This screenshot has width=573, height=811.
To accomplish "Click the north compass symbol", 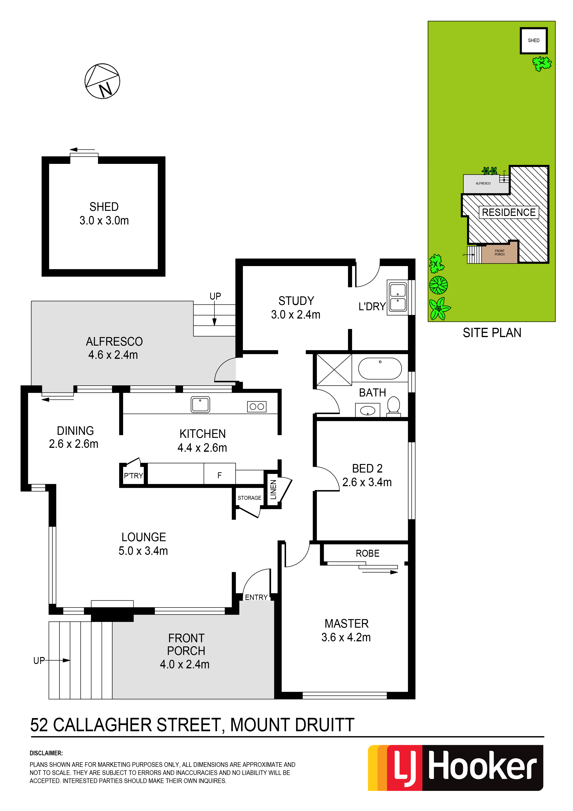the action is tap(102, 81).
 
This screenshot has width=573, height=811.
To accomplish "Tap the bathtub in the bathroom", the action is tap(380, 369).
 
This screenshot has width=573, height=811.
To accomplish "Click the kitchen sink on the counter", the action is tap(200, 404).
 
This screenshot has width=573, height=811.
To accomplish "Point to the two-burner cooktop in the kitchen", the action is tap(257, 407).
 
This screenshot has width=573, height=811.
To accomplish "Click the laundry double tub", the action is tap(398, 297).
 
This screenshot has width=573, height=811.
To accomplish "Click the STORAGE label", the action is tap(249, 498).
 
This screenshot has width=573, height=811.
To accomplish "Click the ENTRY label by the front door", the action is tap(256, 597).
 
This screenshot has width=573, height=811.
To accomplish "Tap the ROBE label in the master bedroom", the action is tap(368, 553).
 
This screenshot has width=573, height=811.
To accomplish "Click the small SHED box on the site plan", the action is tap(533, 41).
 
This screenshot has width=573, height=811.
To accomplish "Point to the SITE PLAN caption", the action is tap(492, 333).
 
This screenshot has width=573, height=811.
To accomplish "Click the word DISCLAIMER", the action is tap(46, 753).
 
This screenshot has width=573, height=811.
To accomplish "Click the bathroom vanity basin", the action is tap(368, 410).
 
